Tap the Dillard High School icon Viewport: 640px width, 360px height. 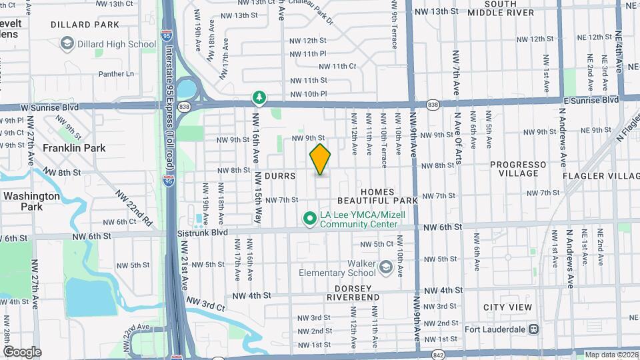67,44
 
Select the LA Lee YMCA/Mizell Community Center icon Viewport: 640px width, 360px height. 309,218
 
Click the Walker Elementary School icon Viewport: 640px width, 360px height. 385,267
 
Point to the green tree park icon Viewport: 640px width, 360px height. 259,99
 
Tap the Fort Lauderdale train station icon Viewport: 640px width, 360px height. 533,329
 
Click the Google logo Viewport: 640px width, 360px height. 22,352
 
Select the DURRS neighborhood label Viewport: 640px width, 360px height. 279,176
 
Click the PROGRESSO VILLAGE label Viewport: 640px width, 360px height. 518,169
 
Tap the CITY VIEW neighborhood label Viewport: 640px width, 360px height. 508,307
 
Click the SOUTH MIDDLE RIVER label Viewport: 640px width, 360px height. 509,8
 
